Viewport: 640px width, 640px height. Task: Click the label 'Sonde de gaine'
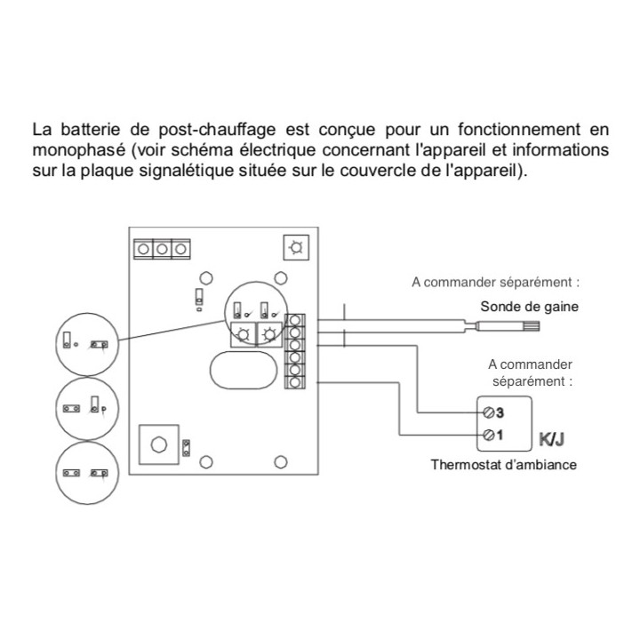(530, 306)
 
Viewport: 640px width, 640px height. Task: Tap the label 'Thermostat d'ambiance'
(504, 465)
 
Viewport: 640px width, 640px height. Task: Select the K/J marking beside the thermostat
(551, 440)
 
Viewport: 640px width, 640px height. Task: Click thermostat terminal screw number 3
(488, 412)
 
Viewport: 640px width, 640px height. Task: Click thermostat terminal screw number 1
(488, 435)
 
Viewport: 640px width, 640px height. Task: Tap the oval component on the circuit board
(244, 370)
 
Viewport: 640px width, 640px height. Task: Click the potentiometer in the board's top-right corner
(296, 247)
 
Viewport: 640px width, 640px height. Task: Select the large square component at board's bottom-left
(159, 444)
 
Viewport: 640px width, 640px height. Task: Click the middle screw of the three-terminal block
(162, 249)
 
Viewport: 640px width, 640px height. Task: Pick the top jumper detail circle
(87, 344)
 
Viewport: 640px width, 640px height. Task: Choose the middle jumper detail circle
(87, 408)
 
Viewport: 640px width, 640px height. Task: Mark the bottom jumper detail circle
(87, 473)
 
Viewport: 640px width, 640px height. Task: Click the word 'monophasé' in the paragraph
(79, 150)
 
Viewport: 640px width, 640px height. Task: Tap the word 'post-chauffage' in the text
(217, 130)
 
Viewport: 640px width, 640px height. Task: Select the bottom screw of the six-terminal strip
(295, 382)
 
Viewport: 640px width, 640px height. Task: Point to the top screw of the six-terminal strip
(295, 320)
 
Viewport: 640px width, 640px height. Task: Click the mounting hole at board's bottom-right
(281, 462)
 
